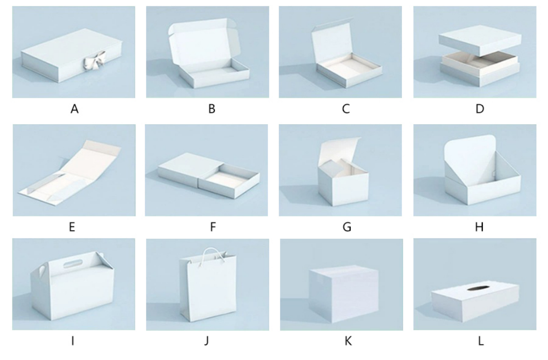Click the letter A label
coord(74,109)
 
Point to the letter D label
coord(480,109)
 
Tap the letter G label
coord(347,227)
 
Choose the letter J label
coord(207,341)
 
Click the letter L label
coord(481,341)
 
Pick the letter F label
coord(213,227)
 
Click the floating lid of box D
coord(480,40)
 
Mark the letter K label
coord(348,341)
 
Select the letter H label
coord(479,227)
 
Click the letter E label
coord(72,227)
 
